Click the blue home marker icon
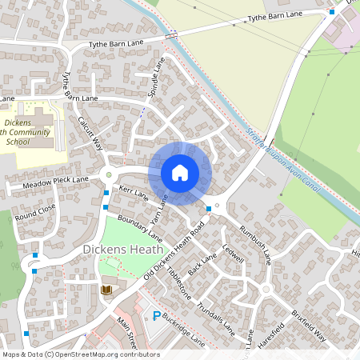tap(180, 173)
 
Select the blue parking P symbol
tap(156, 316)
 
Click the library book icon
tap(106, 290)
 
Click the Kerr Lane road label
tap(134, 193)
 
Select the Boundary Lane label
tap(139, 227)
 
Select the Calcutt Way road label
tap(90, 132)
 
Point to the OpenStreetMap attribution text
tap(80, 354)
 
